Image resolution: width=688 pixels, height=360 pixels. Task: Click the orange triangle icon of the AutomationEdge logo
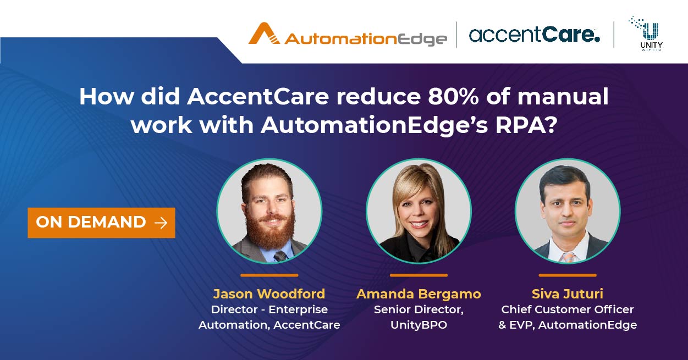(x=265, y=34)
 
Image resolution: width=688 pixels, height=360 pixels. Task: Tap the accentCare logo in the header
(x=534, y=35)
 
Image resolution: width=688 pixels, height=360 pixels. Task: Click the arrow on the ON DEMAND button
(x=161, y=223)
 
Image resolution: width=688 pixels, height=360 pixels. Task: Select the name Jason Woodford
(x=269, y=293)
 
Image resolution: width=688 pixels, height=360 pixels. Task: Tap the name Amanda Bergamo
(x=419, y=293)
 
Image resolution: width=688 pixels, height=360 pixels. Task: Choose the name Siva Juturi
(x=568, y=293)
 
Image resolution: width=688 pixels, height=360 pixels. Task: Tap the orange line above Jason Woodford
(x=269, y=275)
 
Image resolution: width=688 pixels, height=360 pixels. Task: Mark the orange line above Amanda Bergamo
(x=419, y=275)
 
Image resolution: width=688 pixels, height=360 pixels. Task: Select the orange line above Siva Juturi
(x=568, y=275)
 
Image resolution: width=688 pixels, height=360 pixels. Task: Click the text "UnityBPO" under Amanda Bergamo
(x=419, y=325)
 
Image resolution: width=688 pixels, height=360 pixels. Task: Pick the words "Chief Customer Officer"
(x=568, y=309)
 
